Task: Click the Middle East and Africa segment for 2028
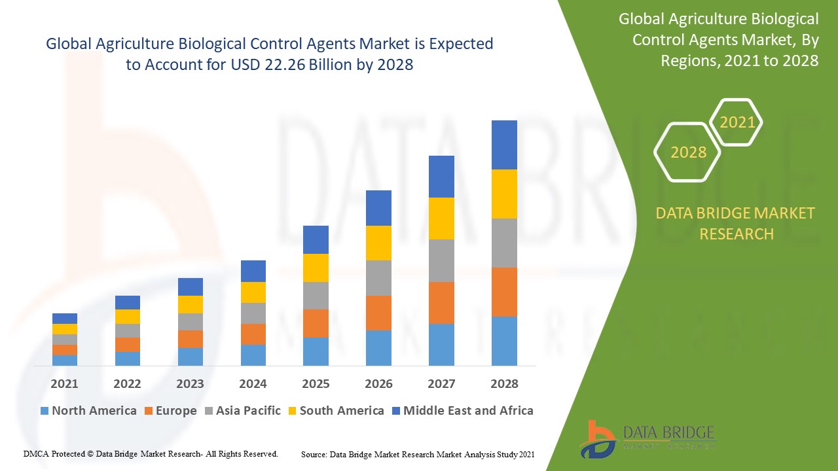click(x=504, y=145)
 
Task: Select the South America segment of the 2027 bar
click(x=441, y=218)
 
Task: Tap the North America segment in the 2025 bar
click(x=316, y=351)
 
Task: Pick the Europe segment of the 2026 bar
click(x=378, y=313)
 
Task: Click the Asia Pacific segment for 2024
click(x=253, y=313)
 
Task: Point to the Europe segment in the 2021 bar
click(x=65, y=350)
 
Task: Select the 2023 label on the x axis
click(x=190, y=384)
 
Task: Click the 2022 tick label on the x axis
click(x=127, y=384)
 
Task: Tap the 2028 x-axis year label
click(x=504, y=384)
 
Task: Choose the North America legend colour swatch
click(x=45, y=411)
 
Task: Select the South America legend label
click(x=342, y=411)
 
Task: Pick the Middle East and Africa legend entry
click(x=468, y=411)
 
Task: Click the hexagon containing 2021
click(x=737, y=122)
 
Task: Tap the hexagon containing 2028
click(x=688, y=152)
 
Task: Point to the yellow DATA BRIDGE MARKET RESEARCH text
click(x=736, y=224)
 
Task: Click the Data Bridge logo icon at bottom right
click(x=597, y=438)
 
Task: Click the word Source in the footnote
click(x=314, y=454)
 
